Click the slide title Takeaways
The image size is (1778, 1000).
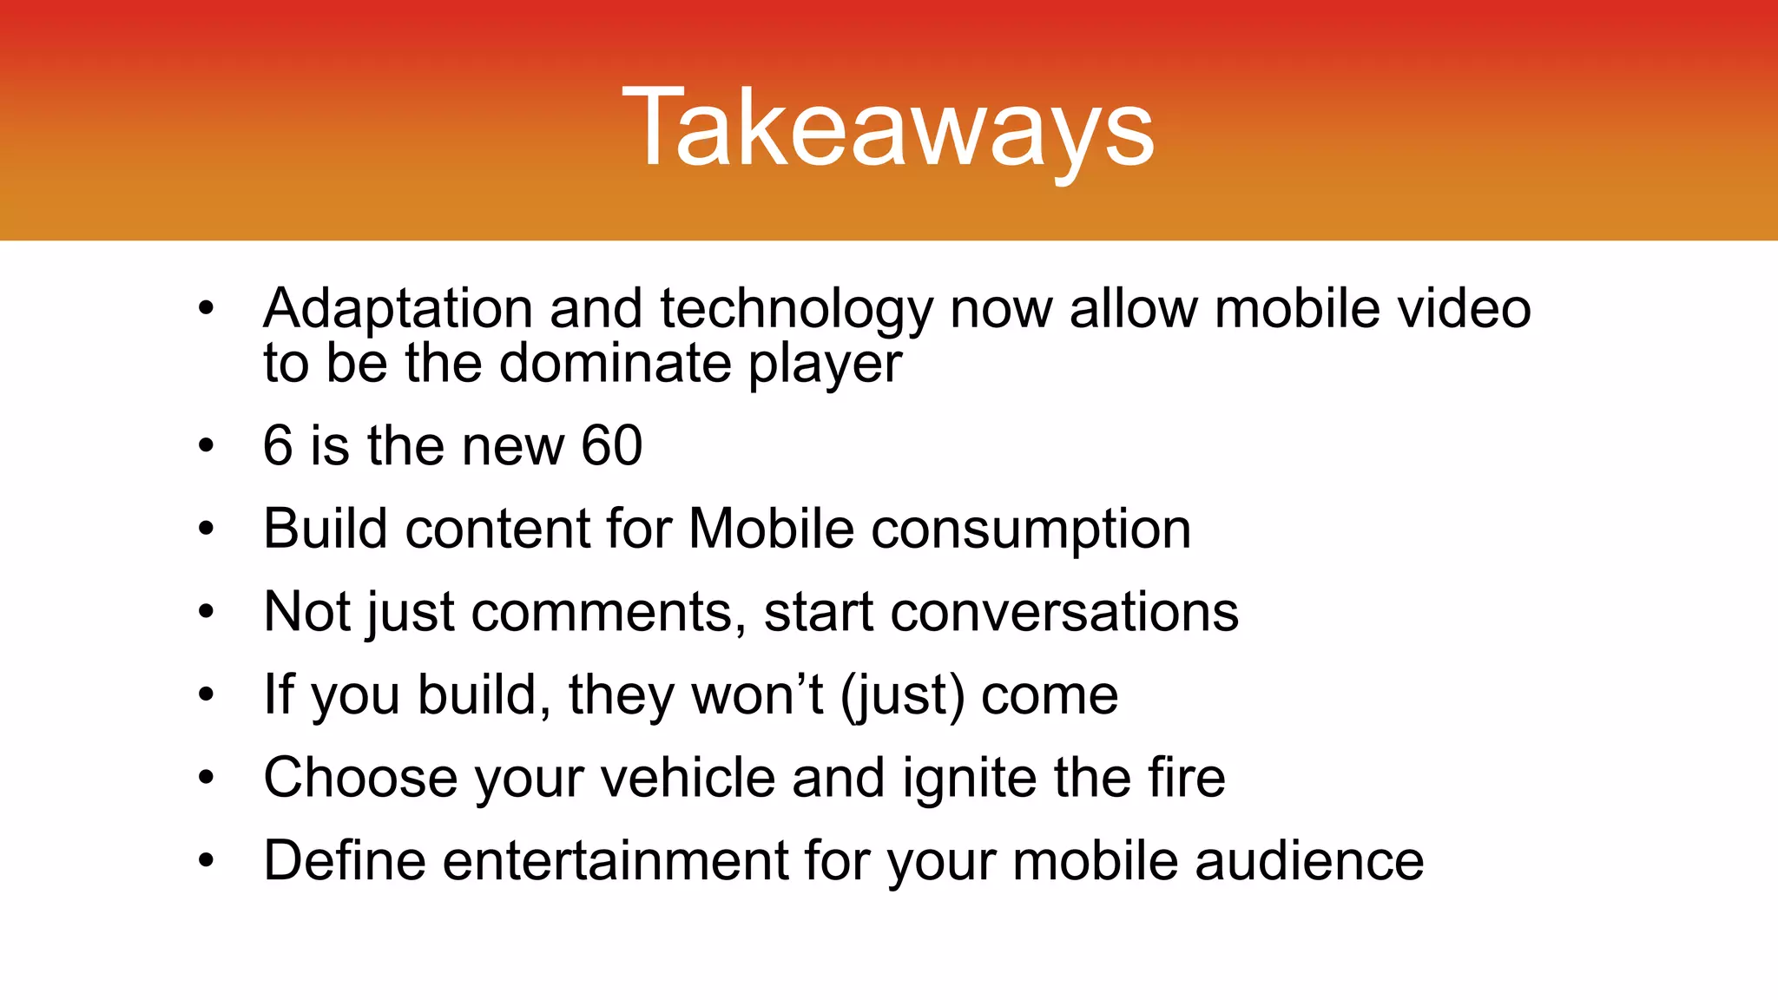pos(888,128)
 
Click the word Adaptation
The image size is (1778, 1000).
pos(398,309)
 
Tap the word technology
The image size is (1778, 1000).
pos(796,311)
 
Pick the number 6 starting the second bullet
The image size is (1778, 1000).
pos(278,446)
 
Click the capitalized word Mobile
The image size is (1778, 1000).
pos(771,529)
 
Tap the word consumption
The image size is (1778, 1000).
pos(1031,530)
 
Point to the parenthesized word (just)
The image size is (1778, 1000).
pos(902,696)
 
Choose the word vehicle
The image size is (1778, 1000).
pos(688,778)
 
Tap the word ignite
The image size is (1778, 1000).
pos(969,779)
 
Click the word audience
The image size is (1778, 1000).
pos(1309,861)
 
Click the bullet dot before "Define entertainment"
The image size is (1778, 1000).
pos(206,860)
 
